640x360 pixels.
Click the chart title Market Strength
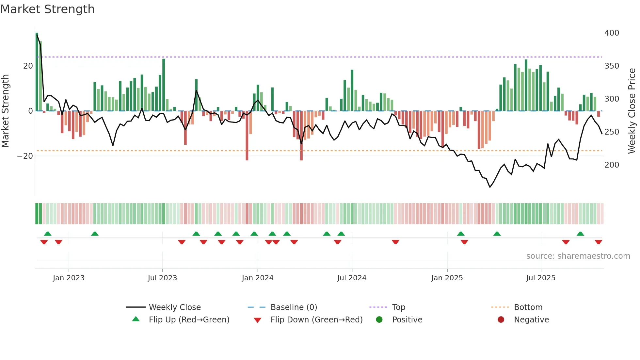[x=47, y=9]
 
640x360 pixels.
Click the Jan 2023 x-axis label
[x=69, y=278]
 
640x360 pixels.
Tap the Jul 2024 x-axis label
[x=352, y=278]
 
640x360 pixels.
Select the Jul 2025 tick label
[x=541, y=278]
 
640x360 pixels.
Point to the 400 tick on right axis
[x=612, y=33]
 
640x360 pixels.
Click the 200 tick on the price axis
[x=612, y=165]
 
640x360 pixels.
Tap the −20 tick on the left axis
[x=25, y=156]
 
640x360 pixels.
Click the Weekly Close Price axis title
[x=632, y=111]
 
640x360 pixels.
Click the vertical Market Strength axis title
[x=5, y=111]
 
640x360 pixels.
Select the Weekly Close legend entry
[x=174, y=307]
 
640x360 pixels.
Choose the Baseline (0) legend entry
[x=294, y=307]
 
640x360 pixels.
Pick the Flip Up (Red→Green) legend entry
[x=189, y=320]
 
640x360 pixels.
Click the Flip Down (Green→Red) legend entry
[x=316, y=320]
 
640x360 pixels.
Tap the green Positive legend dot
[x=379, y=320]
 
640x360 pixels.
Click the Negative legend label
[x=531, y=320]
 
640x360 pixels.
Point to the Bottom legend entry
[x=528, y=307]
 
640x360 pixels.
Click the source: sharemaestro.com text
[x=578, y=256]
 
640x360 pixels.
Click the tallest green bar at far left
[x=37, y=72]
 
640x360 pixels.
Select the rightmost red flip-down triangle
[x=598, y=242]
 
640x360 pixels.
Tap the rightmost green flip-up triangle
[x=580, y=234]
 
